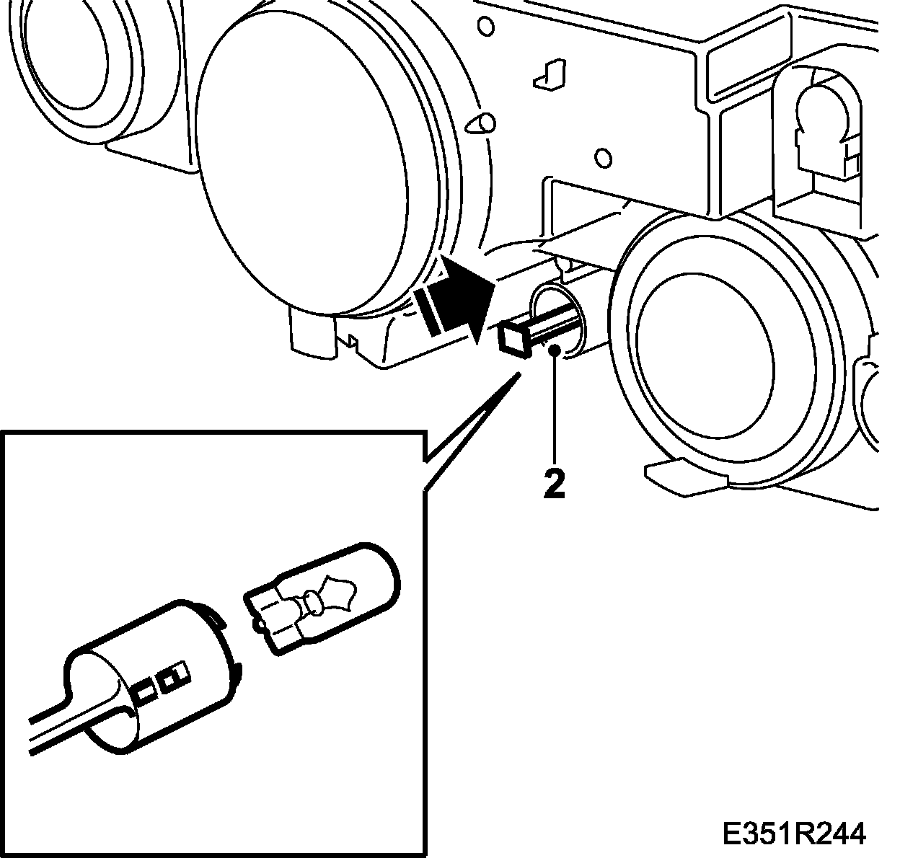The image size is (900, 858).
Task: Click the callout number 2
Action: click(554, 485)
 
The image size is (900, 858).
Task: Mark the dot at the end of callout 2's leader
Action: click(554, 350)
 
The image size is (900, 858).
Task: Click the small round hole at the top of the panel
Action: click(487, 27)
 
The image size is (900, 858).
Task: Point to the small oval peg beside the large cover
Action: click(482, 123)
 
